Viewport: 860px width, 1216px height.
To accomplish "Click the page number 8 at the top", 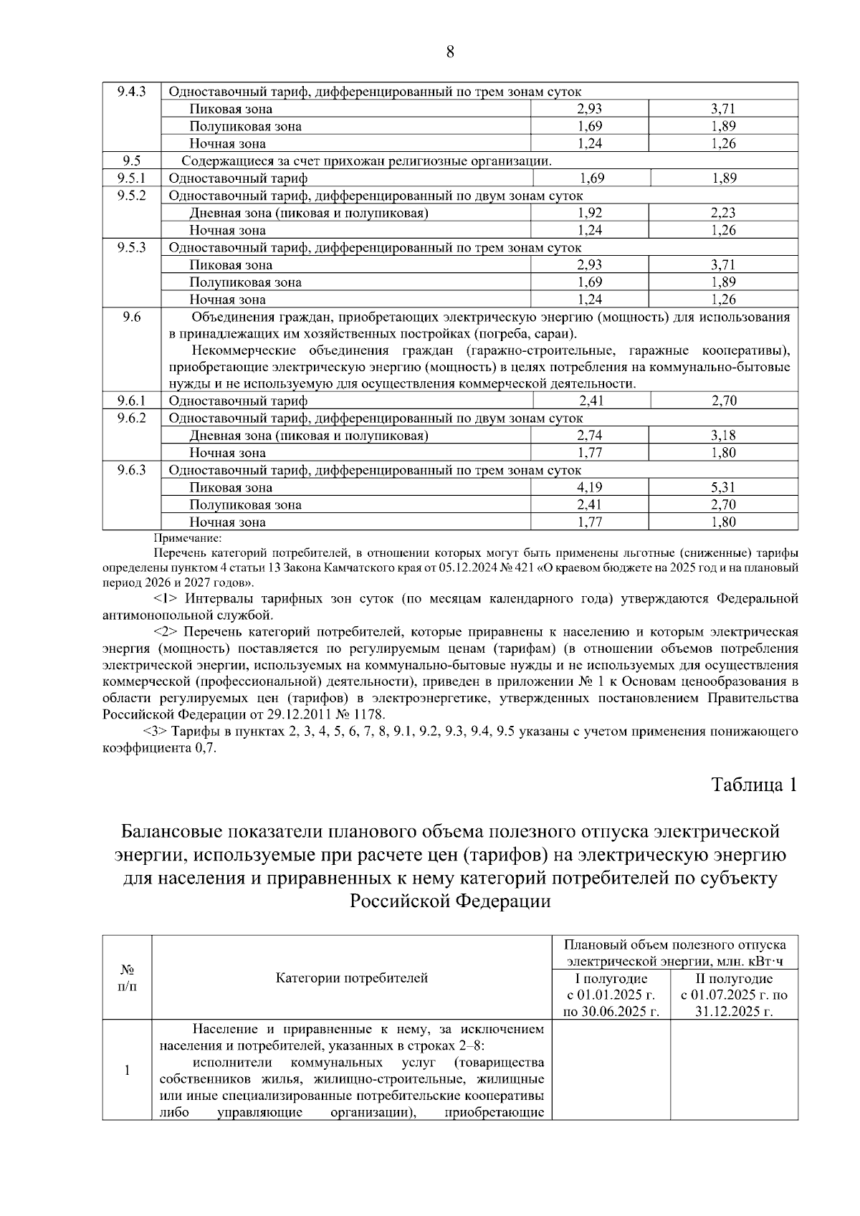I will click(x=450, y=52).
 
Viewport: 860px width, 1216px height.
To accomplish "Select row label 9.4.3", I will click(x=132, y=92).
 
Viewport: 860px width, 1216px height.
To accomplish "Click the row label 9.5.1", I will click(x=132, y=178).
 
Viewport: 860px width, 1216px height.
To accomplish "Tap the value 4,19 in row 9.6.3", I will click(x=590, y=488).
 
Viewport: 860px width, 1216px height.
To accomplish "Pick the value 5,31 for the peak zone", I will click(x=724, y=488).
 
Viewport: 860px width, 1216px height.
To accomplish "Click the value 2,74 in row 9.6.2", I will click(x=590, y=436).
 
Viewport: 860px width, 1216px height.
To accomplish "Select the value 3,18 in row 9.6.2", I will click(x=724, y=436).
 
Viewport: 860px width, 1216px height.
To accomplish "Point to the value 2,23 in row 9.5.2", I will click(x=724, y=213).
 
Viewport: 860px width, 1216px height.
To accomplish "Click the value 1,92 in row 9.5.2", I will click(x=590, y=213).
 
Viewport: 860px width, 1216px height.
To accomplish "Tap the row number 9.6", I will click(x=132, y=317).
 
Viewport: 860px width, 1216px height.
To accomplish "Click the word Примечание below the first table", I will click(x=188, y=537).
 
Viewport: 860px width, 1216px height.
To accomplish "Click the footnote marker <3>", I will click(x=156, y=732).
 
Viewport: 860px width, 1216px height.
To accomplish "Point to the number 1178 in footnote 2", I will click(x=368, y=714).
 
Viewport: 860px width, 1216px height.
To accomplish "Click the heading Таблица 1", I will click(x=754, y=784).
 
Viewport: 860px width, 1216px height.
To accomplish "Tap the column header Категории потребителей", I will click(x=352, y=978).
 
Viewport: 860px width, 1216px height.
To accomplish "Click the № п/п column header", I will click(x=128, y=978).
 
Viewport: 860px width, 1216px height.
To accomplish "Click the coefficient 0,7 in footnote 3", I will click(x=205, y=748).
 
